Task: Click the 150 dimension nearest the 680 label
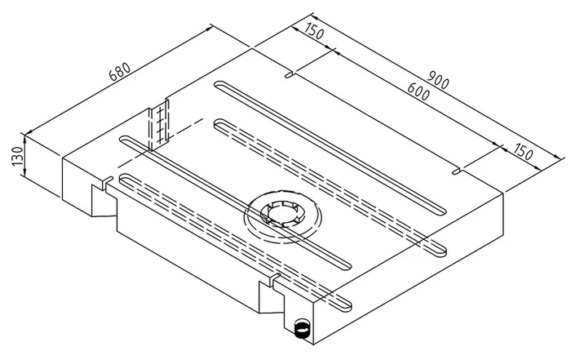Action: [x=314, y=33]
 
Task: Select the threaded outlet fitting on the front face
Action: [x=302, y=329]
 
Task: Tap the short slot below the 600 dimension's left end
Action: [x=290, y=75]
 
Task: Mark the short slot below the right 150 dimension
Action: [x=458, y=171]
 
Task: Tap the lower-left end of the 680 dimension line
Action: [x=28, y=132]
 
